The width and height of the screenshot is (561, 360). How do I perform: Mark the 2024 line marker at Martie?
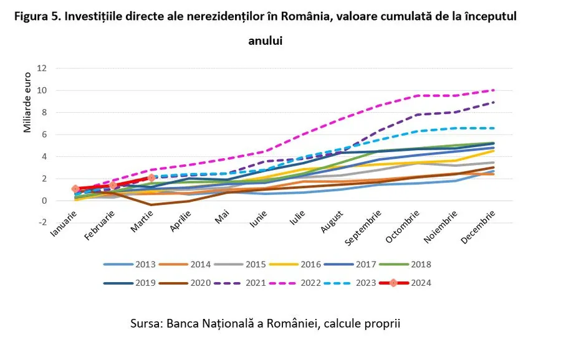coord(151,178)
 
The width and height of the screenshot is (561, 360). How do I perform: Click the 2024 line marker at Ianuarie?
coord(75,189)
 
